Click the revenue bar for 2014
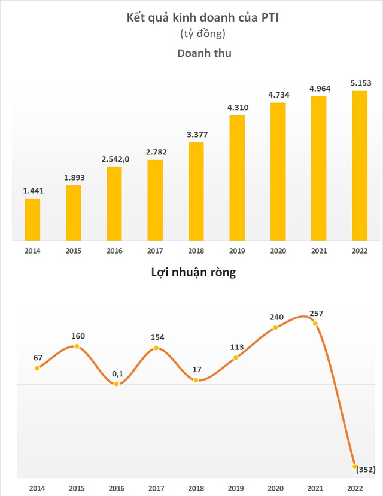[x=32, y=220]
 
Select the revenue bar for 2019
[x=237, y=178]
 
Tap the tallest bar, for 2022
[x=360, y=166]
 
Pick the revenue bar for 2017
[x=155, y=200]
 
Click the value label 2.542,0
[x=114, y=160]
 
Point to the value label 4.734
[x=278, y=95]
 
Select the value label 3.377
[x=196, y=135]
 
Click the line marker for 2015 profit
[x=77, y=346]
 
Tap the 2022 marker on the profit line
[x=355, y=466]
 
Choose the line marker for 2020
[x=275, y=328]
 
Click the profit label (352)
[x=364, y=469]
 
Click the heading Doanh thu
[x=204, y=53]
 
